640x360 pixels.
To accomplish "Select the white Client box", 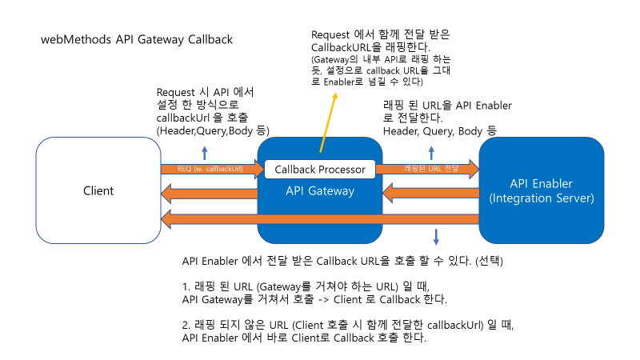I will coord(98,190).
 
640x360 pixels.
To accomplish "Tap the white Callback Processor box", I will coord(320,170).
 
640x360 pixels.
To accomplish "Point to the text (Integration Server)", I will coord(541,198).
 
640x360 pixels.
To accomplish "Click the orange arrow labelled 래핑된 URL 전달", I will coord(427,170).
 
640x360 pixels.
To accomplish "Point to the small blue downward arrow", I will coord(436,236).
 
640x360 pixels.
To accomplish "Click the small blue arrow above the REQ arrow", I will coord(204,154).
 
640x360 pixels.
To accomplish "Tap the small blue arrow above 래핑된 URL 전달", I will coord(432,154).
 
